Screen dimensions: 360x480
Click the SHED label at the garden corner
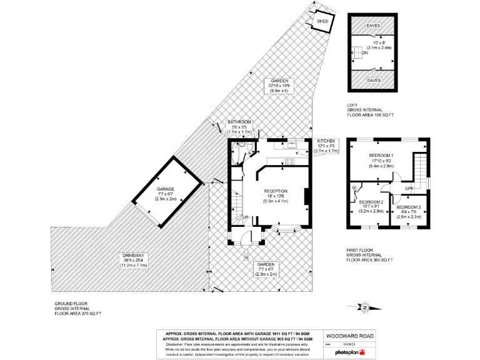(x=322, y=21)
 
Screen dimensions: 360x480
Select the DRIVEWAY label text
(x=132, y=256)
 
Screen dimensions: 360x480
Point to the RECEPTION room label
(x=276, y=191)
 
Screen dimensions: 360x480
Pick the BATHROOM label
(x=239, y=122)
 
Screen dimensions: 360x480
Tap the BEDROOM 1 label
(x=381, y=155)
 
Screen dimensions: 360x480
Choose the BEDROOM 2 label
(x=371, y=202)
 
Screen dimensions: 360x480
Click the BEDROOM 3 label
(x=409, y=207)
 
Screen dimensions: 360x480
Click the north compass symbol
(x=365, y=307)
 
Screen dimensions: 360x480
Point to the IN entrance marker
(x=246, y=257)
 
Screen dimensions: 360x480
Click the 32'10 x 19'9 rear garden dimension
(x=279, y=86)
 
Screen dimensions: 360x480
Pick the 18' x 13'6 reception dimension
(x=276, y=196)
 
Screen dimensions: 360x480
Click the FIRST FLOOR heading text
(x=361, y=250)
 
